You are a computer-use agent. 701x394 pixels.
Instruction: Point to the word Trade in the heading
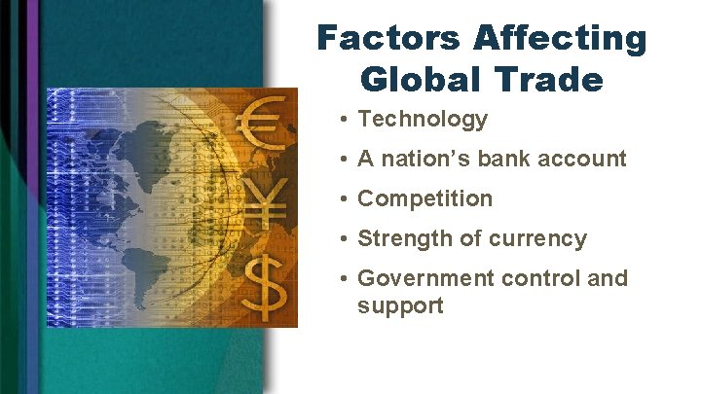[553, 79]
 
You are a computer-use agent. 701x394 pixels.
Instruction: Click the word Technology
[423, 120]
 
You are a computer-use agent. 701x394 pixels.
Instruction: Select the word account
[587, 159]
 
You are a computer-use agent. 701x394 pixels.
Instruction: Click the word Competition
[425, 198]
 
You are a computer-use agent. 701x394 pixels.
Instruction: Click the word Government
[426, 278]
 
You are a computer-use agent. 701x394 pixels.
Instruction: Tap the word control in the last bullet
[541, 278]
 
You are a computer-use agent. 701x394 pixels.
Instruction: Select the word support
[400, 305]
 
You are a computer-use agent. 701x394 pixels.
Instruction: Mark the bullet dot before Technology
[346, 120]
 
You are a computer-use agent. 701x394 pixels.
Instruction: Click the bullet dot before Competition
[346, 198]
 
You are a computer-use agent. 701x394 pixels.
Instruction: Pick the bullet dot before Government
[346, 278]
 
